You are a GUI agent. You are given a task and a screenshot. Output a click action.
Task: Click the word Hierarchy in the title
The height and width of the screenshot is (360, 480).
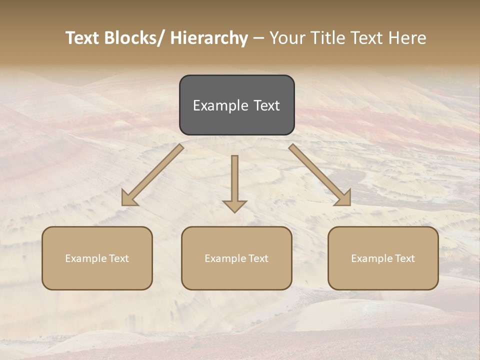(x=208, y=38)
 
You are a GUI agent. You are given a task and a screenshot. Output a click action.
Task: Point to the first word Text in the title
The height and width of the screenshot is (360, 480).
(x=83, y=38)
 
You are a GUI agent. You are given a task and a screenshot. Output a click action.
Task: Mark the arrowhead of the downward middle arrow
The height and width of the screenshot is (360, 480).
(x=235, y=205)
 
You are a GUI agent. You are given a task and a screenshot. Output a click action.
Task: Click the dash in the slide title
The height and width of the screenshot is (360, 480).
(x=258, y=38)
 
